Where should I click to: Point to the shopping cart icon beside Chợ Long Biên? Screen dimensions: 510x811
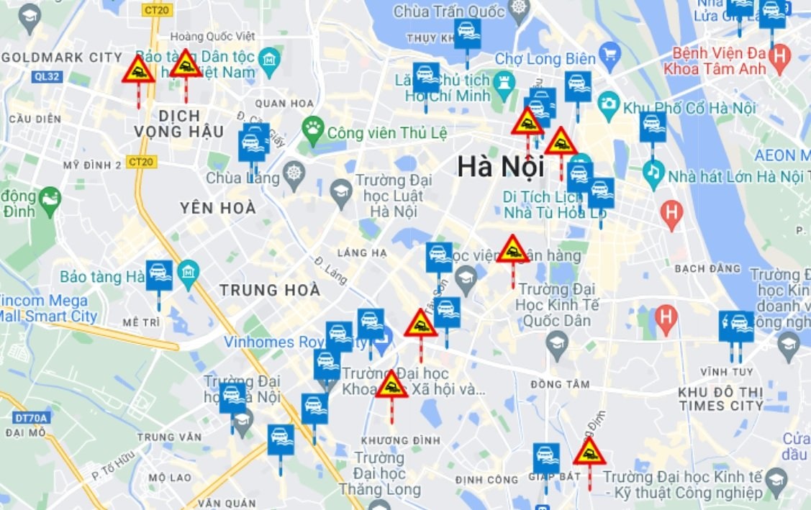point(610,53)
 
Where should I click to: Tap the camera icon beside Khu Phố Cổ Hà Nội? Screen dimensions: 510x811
point(609,102)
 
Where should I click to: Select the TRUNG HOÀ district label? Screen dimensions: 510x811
point(269,290)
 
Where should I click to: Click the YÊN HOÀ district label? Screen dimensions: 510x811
point(218,208)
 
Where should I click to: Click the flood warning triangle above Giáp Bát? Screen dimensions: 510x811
point(589,452)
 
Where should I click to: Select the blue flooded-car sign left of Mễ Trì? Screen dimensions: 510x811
point(159,275)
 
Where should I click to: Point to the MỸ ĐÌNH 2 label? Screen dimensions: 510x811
point(92,165)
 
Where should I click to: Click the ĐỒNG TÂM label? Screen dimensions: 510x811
point(556,385)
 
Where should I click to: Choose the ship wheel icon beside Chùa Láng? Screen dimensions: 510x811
point(294,173)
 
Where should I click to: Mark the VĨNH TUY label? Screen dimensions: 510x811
point(726,372)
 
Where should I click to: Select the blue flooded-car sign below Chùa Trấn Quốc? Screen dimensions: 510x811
point(467,34)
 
